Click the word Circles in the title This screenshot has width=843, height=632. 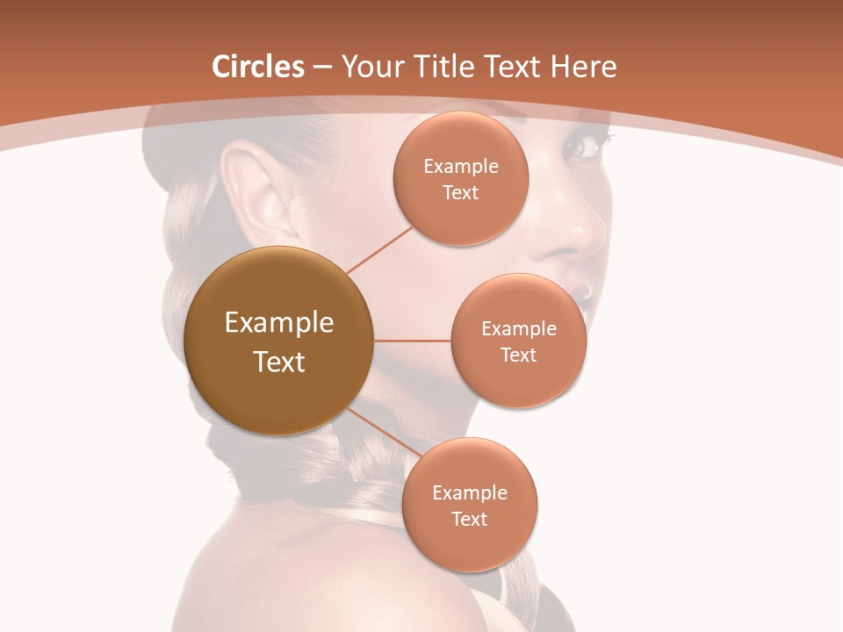tap(258, 67)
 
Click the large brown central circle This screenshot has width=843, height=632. tap(278, 341)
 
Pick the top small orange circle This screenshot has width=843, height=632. tap(461, 178)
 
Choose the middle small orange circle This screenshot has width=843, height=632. tap(519, 341)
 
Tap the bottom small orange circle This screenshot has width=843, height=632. tap(470, 505)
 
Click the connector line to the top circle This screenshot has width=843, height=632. tap(380, 249)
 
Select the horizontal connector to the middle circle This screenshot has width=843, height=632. tap(413, 341)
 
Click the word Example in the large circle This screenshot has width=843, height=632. tap(278, 322)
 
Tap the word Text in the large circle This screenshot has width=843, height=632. tap(278, 361)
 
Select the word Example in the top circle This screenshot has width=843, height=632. tap(461, 166)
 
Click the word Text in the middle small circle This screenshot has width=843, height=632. tap(519, 355)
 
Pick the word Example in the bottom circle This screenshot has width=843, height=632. tap(470, 492)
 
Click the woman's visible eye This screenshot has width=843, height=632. tap(583, 147)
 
